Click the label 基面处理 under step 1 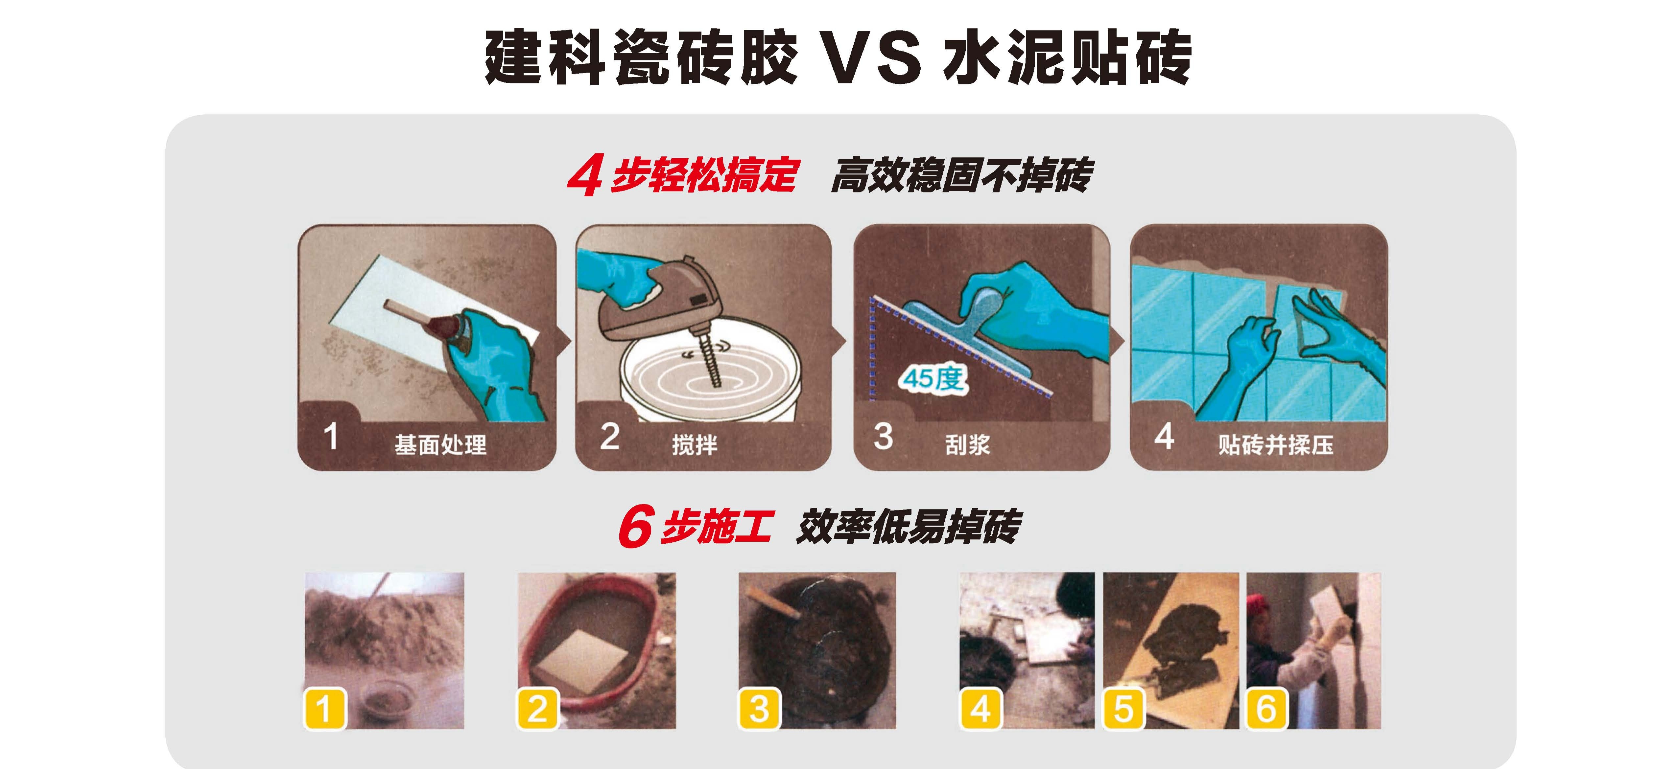click(440, 444)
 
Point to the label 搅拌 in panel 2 click(694, 444)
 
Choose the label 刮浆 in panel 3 click(968, 444)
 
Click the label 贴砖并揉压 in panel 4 click(1276, 444)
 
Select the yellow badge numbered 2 click(538, 709)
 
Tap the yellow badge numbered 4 click(981, 709)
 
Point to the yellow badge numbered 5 click(1123, 709)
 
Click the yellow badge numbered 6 click(1267, 709)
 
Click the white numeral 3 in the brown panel click(884, 437)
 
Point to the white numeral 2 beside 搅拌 click(609, 437)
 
